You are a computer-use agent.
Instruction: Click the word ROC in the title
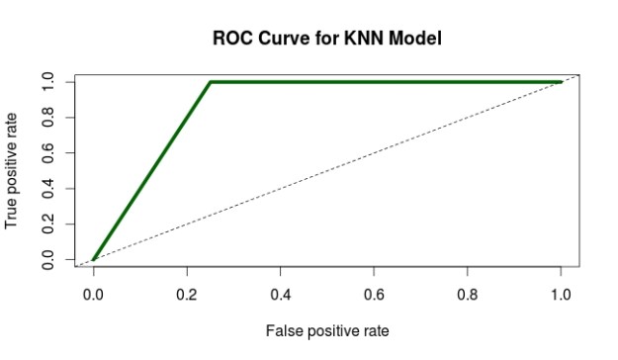pyautogui.click(x=234, y=40)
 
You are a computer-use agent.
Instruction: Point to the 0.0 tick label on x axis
pyautogui.click(x=93, y=294)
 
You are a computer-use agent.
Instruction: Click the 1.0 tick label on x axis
pyautogui.click(x=561, y=294)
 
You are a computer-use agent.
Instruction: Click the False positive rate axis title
pyautogui.click(x=326, y=329)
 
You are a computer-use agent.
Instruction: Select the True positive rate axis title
pyautogui.click(x=13, y=171)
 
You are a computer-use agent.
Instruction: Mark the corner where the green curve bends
pyautogui.click(x=211, y=82)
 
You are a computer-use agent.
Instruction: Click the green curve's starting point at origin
pyautogui.click(x=93, y=260)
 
